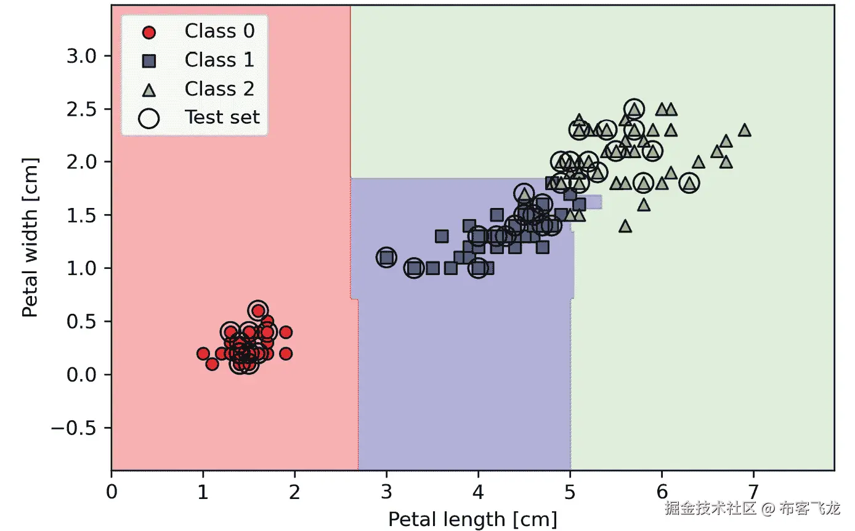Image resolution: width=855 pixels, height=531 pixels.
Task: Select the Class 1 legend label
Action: click(x=219, y=60)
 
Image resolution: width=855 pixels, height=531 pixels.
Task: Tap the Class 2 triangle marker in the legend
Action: click(x=149, y=89)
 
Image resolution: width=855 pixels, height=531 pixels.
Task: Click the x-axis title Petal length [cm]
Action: click(x=472, y=519)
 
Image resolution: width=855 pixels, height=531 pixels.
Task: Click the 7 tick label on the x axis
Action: click(x=753, y=493)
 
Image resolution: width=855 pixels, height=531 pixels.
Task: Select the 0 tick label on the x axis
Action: click(x=111, y=493)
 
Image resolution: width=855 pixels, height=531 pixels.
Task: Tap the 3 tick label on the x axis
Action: click(x=386, y=493)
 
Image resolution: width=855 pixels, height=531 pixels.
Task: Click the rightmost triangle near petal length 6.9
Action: click(x=744, y=130)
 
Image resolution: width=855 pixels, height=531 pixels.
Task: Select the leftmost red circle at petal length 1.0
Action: click(x=203, y=354)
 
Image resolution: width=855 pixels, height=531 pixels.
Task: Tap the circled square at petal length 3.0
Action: click(x=386, y=257)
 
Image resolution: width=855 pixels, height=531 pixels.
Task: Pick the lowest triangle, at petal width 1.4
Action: click(x=625, y=226)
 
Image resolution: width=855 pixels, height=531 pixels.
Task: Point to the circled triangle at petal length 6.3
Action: click(x=689, y=183)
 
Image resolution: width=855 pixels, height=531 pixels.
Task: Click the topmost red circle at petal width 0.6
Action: click(x=258, y=311)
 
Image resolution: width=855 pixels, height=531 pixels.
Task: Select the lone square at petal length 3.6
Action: click(x=442, y=236)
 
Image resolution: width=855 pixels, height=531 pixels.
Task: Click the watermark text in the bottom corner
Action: click(x=752, y=508)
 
